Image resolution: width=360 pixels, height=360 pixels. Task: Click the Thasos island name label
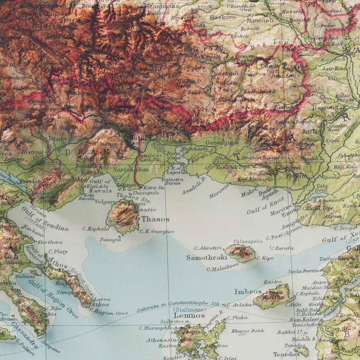(155, 219)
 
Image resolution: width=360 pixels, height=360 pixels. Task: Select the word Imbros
(248, 292)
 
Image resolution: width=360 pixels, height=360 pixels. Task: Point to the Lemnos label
(190, 316)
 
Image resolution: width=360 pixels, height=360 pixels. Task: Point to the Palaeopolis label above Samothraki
(248, 242)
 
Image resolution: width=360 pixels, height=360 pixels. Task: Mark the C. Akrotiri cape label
(208, 248)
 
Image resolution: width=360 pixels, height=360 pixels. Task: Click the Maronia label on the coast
(219, 192)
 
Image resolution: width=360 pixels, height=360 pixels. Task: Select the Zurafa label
(284, 248)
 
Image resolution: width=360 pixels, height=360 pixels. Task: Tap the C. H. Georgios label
(156, 232)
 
